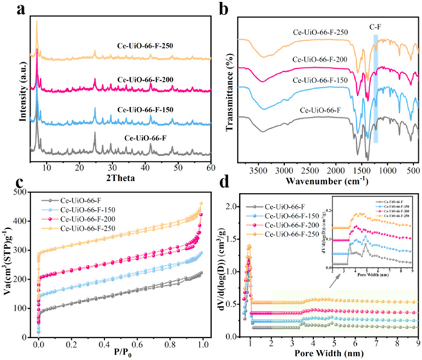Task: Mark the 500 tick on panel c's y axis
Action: coord(23,192)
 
